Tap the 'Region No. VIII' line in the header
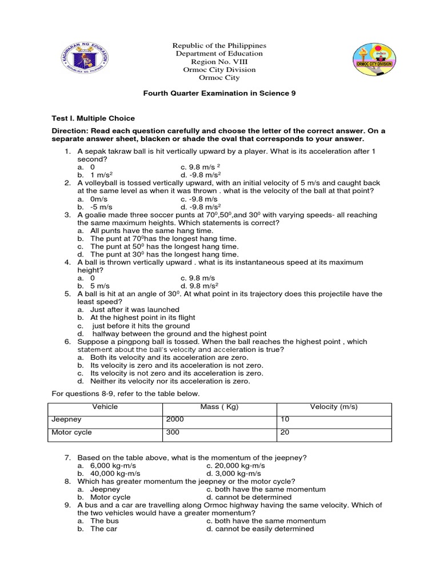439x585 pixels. (x=219, y=62)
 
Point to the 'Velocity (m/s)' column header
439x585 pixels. (x=334, y=407)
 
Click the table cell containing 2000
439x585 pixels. (x=175, y=419)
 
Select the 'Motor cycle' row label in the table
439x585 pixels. (x=71, y=432)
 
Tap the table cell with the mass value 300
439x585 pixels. (x=173, y=432)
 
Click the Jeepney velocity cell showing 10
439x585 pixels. (x=284, y=419)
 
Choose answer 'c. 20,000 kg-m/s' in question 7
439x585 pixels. (x=237, y=466)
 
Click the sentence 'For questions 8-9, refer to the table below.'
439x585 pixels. (x=126, y=394)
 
